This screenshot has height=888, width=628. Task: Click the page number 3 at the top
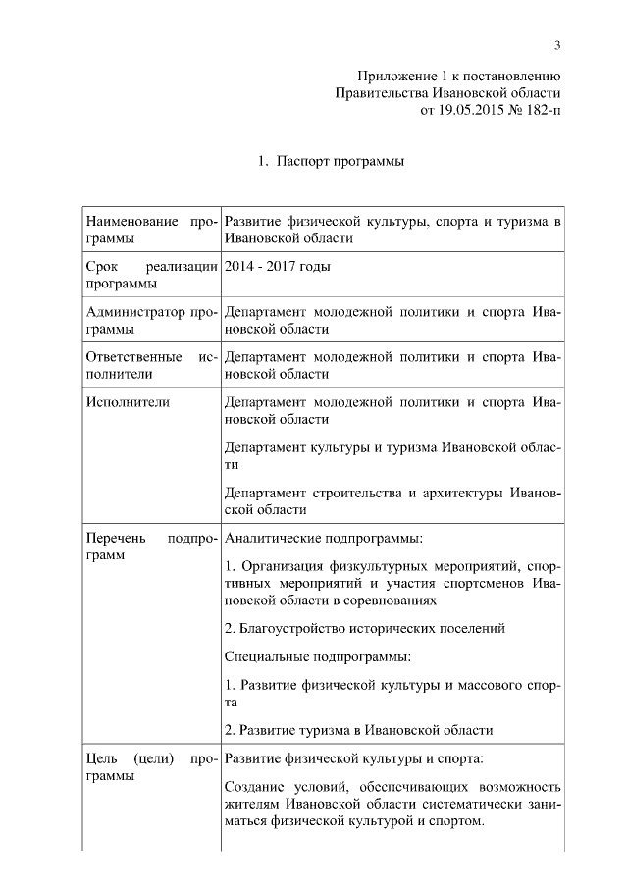click(x=557, y=45)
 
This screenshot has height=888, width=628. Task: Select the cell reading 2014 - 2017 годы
click(x=278, y=267)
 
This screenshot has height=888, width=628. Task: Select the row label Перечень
click(x=117, y=538)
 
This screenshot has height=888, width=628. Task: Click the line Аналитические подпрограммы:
click(x=324, y=538)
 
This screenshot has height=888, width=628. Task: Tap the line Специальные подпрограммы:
click(x=317, y=655)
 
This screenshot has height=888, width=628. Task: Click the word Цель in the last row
click(x=101, y=758)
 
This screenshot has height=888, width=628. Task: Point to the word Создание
click(x=257, y=787)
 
